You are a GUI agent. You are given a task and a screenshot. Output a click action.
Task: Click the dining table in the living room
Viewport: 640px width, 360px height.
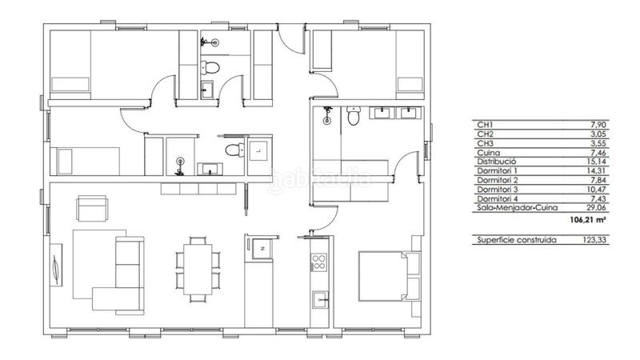pos(198,269)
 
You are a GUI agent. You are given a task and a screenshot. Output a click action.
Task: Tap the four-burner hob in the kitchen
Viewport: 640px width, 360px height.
pos(318,262)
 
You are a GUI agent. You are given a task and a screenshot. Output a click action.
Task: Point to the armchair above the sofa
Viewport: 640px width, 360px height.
pos(93,208)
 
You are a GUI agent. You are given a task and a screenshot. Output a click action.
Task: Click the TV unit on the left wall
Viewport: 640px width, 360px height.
pos(56,265)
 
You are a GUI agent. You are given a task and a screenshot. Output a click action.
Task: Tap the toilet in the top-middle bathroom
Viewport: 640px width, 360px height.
pos(210,67)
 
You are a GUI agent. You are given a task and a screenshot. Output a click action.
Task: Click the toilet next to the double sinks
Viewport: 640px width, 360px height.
pos(353,115)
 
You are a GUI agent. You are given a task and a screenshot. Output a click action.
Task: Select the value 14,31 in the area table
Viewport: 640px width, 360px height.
pos(596,171)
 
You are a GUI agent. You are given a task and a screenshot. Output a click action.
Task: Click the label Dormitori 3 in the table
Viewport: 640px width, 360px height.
pos(497,190)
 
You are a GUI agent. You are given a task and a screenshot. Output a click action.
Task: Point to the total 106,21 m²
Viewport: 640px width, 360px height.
pos(588,220)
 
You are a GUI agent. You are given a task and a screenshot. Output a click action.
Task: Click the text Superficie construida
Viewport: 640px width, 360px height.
pos(517,240)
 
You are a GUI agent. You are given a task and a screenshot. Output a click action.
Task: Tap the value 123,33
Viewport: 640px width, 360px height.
pos(594,240)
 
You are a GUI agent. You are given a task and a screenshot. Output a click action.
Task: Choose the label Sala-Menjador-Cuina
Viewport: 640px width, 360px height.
pos(517,208)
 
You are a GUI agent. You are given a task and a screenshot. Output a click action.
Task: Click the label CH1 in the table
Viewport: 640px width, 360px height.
pos(485,125)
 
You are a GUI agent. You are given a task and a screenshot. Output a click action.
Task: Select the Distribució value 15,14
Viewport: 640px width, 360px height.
pos(596,162)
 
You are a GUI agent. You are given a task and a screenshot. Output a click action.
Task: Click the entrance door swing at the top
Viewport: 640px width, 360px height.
pos(291,38)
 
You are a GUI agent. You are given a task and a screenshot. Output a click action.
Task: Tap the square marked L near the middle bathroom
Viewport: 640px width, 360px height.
pos(258,150)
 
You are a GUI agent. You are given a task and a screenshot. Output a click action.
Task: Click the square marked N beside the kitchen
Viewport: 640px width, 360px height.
pos(262,248)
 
